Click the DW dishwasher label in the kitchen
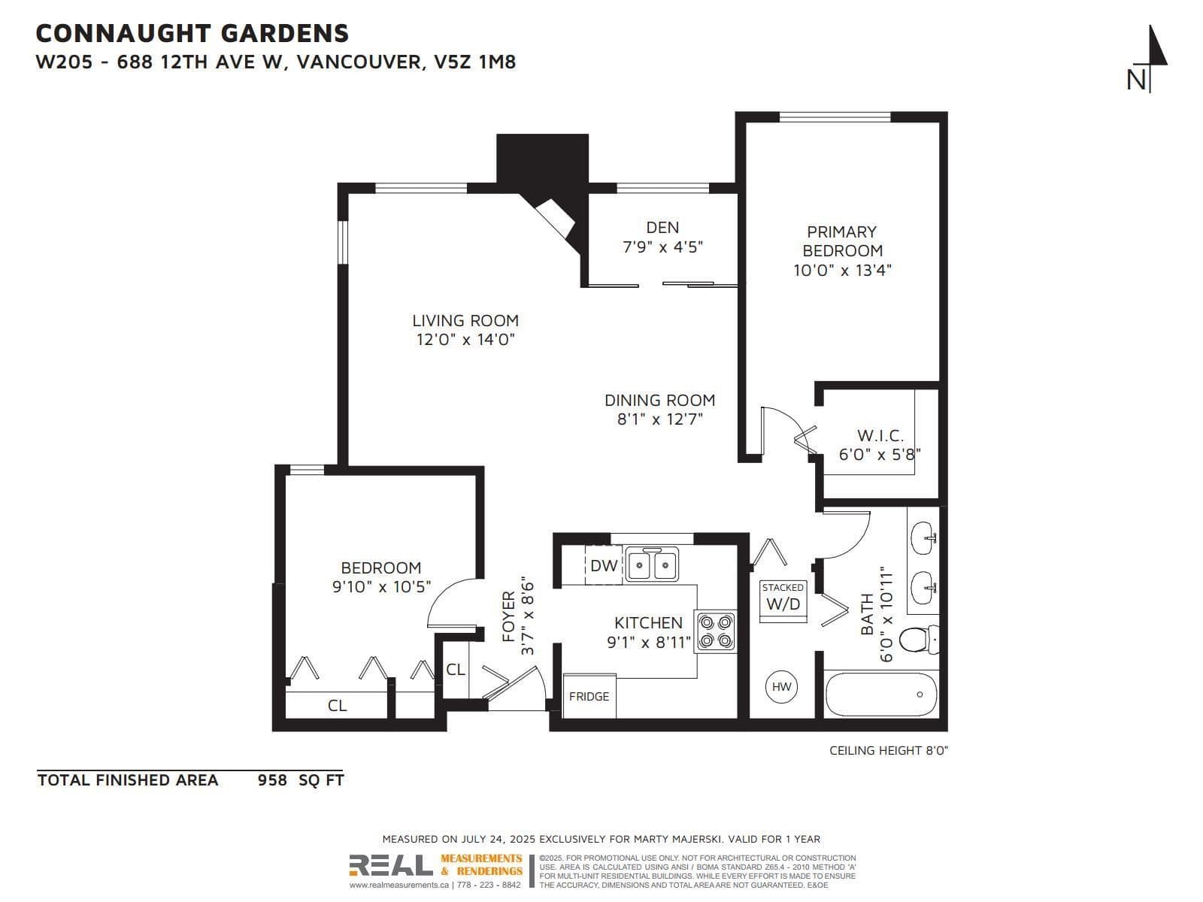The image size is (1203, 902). [604, 566]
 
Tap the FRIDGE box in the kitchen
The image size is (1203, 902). [589, 695]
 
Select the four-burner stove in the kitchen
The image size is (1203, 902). [716, 631]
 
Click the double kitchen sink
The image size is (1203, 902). [652, 563]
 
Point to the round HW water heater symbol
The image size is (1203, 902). [781, 687]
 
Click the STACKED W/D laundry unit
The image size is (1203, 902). [783, 601]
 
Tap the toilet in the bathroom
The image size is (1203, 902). [919, 639]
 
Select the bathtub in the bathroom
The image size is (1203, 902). [881, 695]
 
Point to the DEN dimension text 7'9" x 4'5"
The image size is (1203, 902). [662, 247]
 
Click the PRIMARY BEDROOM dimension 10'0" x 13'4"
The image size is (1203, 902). [842, 270]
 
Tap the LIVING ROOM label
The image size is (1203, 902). [465, 320]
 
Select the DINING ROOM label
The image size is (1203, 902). [660, 401]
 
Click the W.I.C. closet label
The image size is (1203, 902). [880, 436]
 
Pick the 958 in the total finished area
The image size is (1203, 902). [272, 780]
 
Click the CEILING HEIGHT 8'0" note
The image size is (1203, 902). [889, 750]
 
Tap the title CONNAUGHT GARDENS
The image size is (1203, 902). [192, 33]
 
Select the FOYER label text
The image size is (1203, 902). [508, 616]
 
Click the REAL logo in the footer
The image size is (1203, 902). [391, 865]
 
